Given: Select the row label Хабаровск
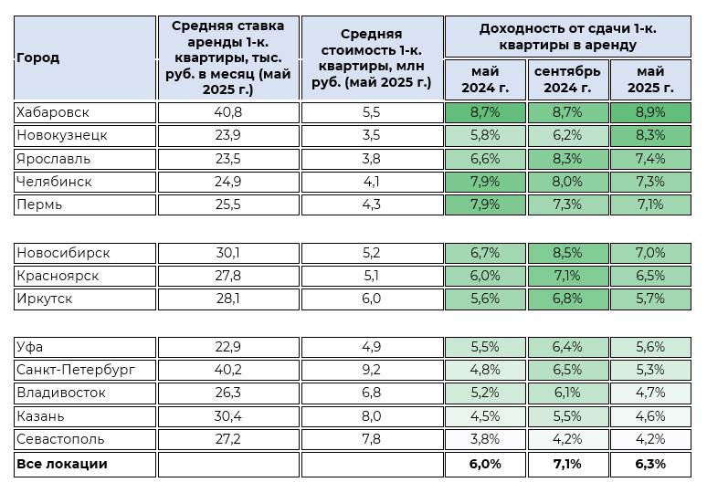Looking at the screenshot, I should coord(53,112).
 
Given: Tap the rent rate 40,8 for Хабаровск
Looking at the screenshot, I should coord(228,112).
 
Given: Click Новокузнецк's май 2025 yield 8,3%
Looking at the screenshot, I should coord(650,135).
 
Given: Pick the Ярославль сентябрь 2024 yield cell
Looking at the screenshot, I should coord(567,158).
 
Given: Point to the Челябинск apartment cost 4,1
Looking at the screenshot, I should coord(371,181).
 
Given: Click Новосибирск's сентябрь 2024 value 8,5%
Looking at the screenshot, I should coord(567,252).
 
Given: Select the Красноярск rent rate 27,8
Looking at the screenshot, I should coord(228,275).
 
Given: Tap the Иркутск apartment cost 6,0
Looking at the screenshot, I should coord(371,299).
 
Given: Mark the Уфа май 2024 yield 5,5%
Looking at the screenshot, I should coord(484,346).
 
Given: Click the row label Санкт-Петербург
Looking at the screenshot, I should coord(75,369).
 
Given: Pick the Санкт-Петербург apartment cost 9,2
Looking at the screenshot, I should coord(371,369).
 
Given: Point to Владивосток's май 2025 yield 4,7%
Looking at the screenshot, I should coord(650,393).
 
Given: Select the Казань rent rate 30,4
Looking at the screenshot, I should coord(228,416).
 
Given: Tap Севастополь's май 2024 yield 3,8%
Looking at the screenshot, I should coord(484,439).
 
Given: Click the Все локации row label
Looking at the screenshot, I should coord(61,464).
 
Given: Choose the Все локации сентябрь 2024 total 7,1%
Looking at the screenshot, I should coord(567,464).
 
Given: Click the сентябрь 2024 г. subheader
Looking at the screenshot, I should coord(567,79).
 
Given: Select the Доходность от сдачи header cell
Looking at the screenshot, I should coord(567,36).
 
